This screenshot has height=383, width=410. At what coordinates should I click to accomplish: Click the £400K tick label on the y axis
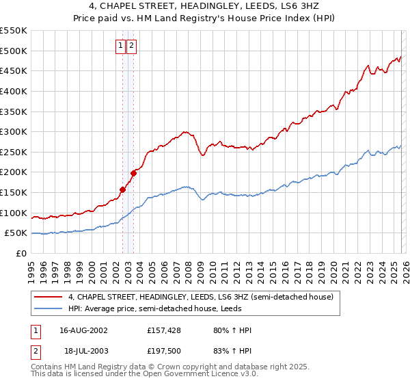[14, 91]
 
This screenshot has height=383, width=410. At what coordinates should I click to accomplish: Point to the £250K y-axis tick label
[14, 152]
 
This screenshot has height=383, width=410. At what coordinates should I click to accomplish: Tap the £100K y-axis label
[14, 213]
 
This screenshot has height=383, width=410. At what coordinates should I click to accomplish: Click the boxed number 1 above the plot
[121, 46]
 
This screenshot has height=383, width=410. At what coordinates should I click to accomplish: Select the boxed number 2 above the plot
[132, 46]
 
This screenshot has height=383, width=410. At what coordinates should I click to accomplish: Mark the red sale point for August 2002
[123, 189]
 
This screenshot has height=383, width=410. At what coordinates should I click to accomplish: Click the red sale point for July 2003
[134, 173]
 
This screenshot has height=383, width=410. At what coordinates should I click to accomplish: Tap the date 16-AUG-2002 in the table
[83, 330]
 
